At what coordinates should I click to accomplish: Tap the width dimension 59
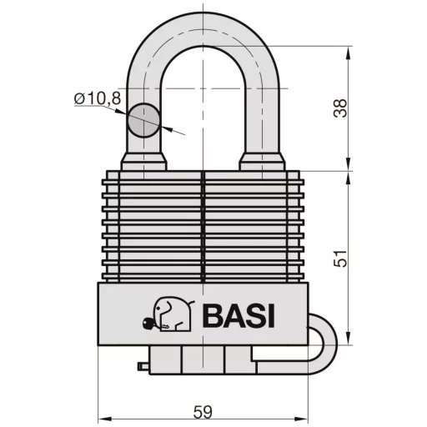(203, 411)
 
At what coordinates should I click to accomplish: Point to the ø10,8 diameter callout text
(97, 99)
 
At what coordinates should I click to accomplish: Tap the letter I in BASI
(270, 317)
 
